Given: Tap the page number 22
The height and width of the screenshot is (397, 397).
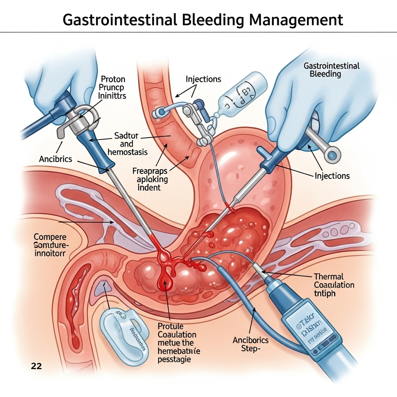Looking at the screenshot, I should tap(37, 366).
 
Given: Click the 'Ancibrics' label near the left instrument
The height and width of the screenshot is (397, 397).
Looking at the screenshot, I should tap(55, 159).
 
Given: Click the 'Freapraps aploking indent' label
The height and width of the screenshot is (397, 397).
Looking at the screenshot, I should tap(150, 179).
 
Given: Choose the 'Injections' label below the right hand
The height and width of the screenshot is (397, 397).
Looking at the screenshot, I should tap(332, 176).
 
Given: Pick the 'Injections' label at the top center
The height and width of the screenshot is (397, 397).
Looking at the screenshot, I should tap(203, 79).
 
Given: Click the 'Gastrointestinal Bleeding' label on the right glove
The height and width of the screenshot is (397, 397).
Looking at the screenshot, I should tap(331, 70).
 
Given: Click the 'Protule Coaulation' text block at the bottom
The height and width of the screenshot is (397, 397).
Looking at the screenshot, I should tap(177, 342).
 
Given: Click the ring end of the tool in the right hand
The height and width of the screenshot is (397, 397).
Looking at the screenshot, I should tap(333, 156).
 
